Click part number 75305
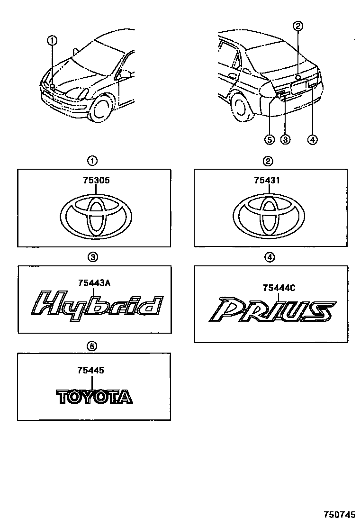coord(94,180)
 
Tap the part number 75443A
coord(95,283)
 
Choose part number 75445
coord(94,372)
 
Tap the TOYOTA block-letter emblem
coord(95,397)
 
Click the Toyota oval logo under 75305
coord(97,218)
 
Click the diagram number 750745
coord(339,514)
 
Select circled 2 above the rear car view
coord(297,26)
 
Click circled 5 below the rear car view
coord(269,139)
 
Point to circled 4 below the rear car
coord(312,139)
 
